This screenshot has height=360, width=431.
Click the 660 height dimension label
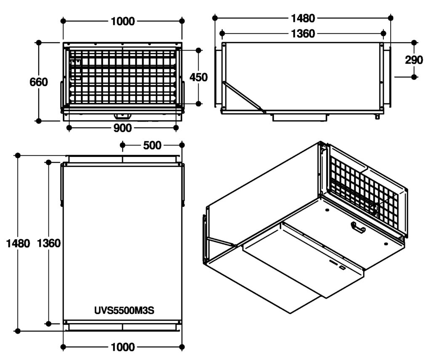39,82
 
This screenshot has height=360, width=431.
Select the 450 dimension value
199,77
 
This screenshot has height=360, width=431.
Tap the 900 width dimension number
122,128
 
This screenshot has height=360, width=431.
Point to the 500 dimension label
152,145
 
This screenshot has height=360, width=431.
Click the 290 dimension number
414,60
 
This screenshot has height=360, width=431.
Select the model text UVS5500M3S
124,310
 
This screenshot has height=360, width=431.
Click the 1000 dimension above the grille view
123,21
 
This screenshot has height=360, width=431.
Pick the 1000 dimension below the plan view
123,347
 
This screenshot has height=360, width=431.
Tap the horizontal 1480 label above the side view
303,19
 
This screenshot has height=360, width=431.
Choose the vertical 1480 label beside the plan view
18,244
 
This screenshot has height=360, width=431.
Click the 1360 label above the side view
303,34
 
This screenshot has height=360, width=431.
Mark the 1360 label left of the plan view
49,243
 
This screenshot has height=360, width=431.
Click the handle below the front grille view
122,116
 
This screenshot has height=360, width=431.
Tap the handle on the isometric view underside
358,228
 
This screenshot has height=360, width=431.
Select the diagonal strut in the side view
244,97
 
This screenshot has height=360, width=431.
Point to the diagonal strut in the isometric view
221,241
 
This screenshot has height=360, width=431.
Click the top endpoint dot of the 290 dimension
414,42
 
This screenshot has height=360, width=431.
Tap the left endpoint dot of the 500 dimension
122,145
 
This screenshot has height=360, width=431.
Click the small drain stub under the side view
377,116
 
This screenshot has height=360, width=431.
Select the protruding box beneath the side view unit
300,117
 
